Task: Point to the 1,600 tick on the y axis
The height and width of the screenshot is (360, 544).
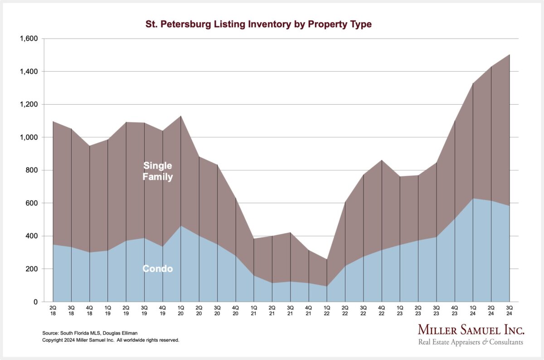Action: tap(29, 39)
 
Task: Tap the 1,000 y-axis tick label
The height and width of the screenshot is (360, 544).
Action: tap(29, 137)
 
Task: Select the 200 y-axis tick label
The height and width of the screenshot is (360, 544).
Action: tap(32, 269)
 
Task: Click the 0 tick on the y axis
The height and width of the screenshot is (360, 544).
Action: tap(36, 302)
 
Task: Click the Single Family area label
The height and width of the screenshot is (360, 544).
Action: tap(157, 171)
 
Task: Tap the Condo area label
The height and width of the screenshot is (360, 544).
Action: tap(157, 269)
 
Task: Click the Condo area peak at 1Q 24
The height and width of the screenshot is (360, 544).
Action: tap(473, 198)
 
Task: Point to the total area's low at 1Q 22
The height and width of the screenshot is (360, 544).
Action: tap(327, 259)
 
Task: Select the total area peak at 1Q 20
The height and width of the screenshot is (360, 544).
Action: tap(181, 116)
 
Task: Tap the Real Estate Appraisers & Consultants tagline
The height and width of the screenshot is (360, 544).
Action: tap(470, 342)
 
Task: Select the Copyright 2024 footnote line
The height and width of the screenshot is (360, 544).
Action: tap(111, 340)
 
